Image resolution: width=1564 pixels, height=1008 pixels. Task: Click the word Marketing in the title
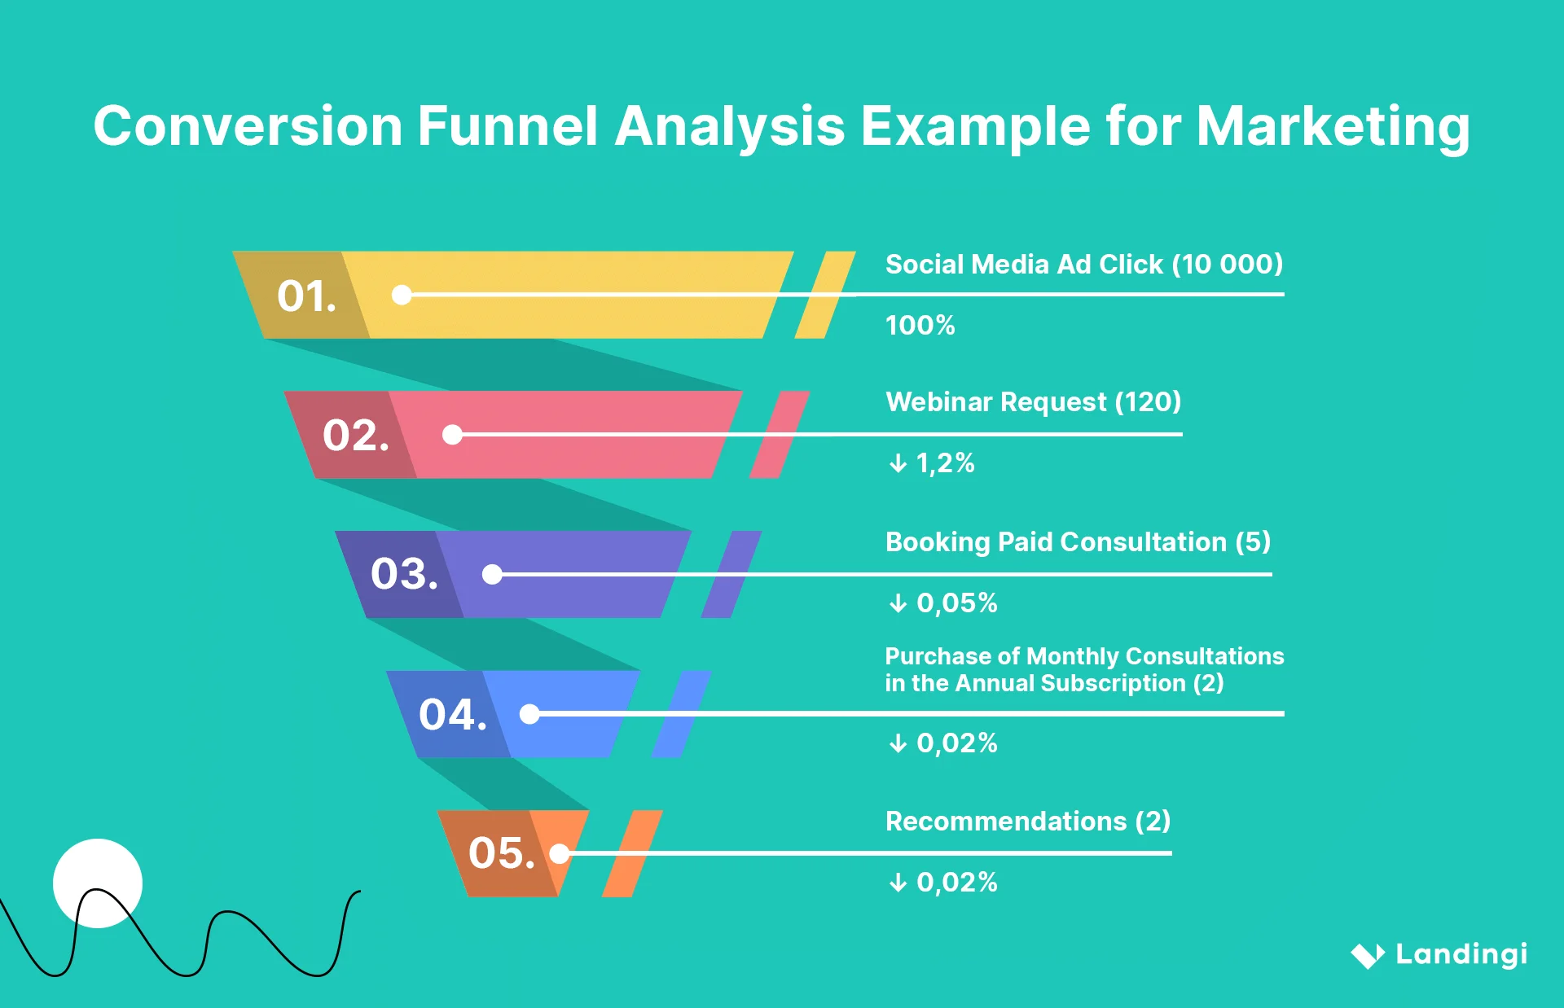pyautogui.click(x=1333, y=128)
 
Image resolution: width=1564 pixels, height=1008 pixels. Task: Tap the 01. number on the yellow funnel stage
pyautogui.click(x=306, y=296)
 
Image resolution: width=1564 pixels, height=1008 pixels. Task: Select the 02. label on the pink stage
pyautogui.click(x=355, y=435)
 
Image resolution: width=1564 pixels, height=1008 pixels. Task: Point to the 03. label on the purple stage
pyautogui.click(x=404, y=574)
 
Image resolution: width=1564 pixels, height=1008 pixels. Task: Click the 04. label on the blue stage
pyautogui.click(x=452, y=715)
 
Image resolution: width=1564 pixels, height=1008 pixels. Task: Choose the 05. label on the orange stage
pyautogui.click(x=501, y=853)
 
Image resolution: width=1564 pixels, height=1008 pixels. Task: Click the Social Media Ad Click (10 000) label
pyautogui.click(x=1083, y=265)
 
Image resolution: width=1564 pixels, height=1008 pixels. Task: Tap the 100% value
pyautogui.click(x=920, y=326)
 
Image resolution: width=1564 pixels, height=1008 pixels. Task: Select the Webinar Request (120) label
pyautogui.click(x=1033, y=402)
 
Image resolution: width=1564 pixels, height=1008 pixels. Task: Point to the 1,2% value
pyautogui.click(x=945, y=463)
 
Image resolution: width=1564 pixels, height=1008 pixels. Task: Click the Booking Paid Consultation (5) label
pyautogui.click(x=1078, y=542)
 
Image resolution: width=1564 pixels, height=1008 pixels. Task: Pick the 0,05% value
pyautogui.click(x=956, y=603)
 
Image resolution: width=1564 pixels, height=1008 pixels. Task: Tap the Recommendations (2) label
pyautogui.click(x=1027, y=822)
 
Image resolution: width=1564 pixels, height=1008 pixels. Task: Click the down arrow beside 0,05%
pyautogui.click(x=898, y=603)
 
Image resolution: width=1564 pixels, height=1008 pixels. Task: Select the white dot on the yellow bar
pyautogui.click(x=402, y=295)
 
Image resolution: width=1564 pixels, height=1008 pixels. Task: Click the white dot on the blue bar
pyautogui.click(x=529, y=714)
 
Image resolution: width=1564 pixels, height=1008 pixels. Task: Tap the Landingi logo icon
pyautogui.click(x=1367, y=955)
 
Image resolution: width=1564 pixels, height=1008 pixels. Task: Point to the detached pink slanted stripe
pyautogui.click(x=779, y=435)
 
